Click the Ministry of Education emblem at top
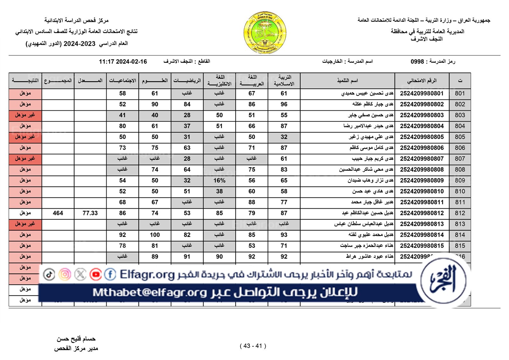coord(265,33)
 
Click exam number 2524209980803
coord(422,115)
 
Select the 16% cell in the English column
coord(219,181)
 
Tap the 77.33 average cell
coord(90,213)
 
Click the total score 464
coord(58,213)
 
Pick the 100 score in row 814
coord(155,235)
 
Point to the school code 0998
coord(417,61)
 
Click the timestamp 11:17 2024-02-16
coord(123,62)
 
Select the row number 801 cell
coord(460,93)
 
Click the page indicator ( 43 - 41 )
coord(253,346)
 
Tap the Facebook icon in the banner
coord(110,274)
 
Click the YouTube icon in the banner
coord(95,274)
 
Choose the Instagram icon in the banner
coord(65,274)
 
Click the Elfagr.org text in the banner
coord(147,274)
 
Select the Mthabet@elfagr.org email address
coord(150,292)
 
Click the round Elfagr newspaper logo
coord(443,280)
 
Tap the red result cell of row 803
coord(25,115)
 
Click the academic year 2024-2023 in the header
coord(80,44)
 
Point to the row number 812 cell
coord(460,213)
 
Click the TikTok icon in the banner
coord(49,274)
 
